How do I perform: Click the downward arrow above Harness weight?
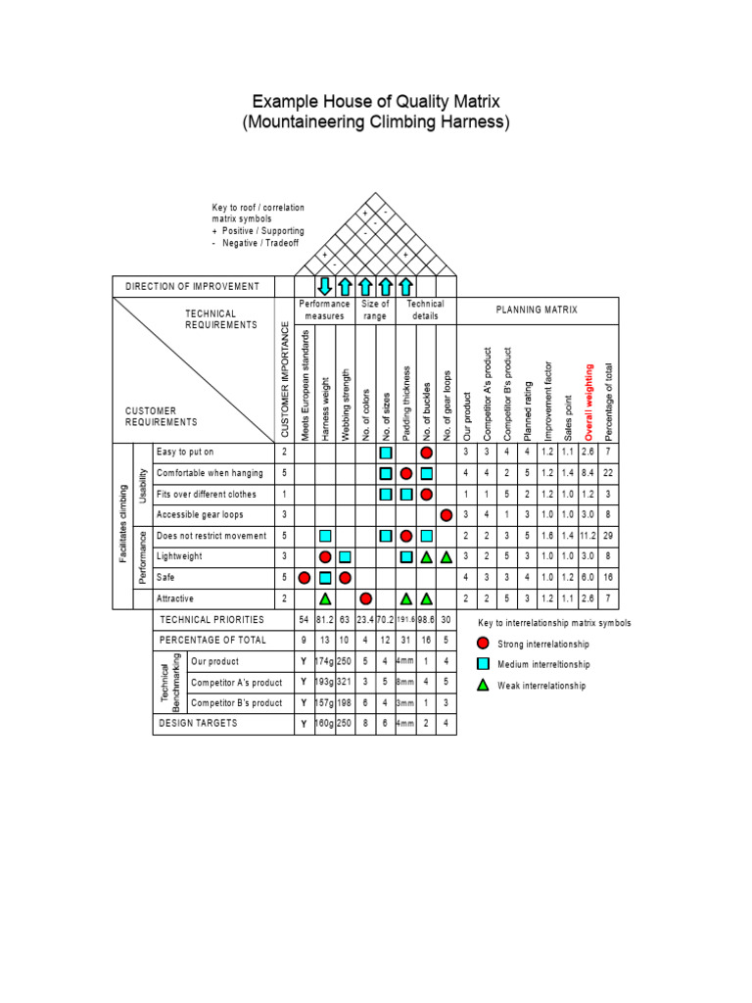325,286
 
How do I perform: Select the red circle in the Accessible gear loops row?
446,514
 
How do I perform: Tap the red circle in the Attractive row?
365,597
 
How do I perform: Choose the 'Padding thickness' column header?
406,403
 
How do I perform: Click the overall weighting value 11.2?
588,536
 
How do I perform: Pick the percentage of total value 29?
609,536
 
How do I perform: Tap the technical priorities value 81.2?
325,620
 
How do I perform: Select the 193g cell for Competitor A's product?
325,682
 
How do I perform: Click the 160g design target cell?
325,724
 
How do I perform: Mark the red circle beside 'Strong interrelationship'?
484,644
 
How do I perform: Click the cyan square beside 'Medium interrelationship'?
484,664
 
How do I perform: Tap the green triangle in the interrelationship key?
484,685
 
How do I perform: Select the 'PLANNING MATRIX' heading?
537,310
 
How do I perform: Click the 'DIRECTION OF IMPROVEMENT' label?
193,286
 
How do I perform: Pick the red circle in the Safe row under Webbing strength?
345,577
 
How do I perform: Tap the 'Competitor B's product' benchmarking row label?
237,702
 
